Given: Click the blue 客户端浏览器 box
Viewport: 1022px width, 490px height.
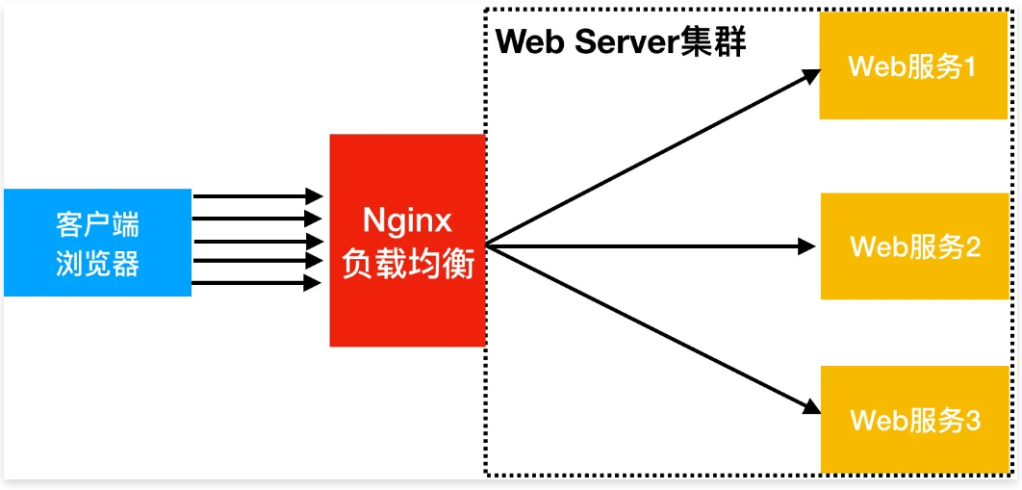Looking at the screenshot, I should (x=97, y=242).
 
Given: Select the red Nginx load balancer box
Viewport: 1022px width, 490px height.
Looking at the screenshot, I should (x=407, y=241).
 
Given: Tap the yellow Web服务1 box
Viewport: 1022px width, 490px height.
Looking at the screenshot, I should (x=912, y=66).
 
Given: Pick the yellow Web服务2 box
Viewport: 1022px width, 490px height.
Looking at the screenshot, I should (x=912, y=245).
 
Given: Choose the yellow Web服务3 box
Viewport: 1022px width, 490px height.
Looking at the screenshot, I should (x=912, y=420).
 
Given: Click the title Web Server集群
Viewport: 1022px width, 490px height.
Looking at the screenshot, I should (x=621, y=42).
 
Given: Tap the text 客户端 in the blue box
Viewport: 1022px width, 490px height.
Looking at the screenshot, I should (x=97, y=225).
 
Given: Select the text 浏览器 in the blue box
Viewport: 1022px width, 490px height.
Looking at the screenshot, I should (x=97, y=264).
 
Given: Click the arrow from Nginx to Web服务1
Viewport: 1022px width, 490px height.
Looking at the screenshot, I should (x=654, y=158).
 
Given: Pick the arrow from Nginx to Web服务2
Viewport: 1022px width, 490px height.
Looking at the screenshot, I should (x=654, y=246).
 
